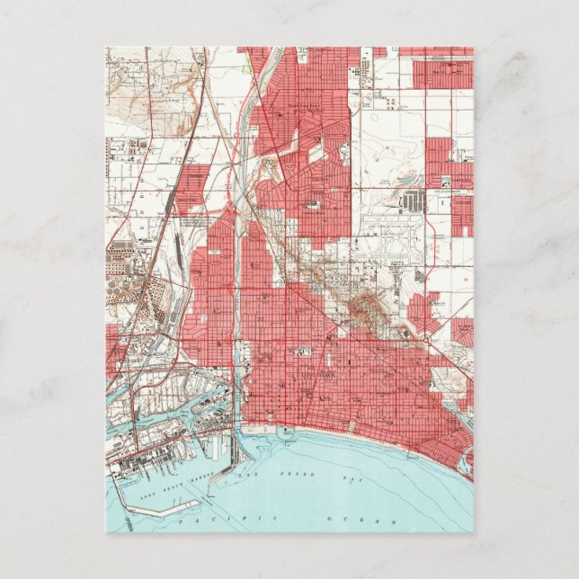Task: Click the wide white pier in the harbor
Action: coord(225,454)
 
